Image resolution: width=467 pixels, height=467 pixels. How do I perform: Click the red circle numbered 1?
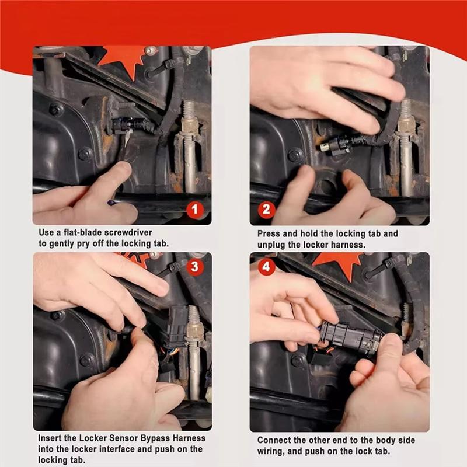pos(195,210)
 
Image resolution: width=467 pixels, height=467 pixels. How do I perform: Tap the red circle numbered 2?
pos(266,210)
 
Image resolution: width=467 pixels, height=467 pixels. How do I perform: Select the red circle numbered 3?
pos(195,266)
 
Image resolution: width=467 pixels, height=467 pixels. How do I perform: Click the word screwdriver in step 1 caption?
pos(124,232)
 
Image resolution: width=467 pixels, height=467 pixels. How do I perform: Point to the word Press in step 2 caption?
pos(269,234)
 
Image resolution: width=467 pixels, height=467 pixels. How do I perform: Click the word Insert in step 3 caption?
pos(49,438)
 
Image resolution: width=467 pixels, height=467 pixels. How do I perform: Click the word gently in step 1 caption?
pos(65,244)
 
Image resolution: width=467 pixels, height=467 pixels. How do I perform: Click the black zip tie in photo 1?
pos(165,68)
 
